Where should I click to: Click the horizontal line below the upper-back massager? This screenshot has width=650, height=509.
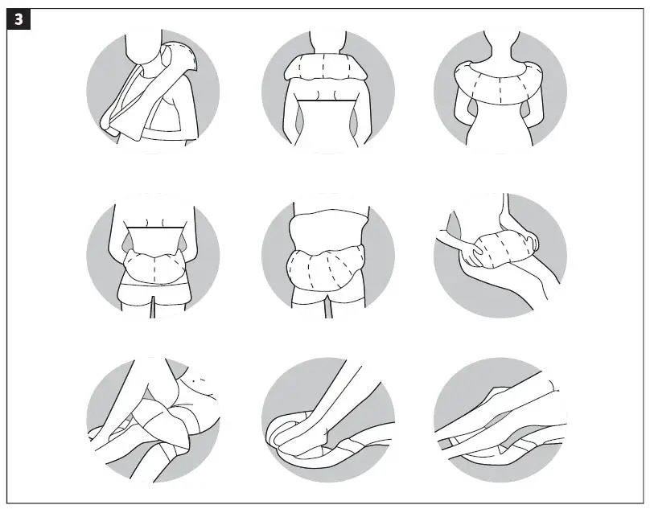click(x=327, y=101)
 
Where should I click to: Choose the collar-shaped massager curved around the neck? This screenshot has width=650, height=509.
click(x=499, y=80)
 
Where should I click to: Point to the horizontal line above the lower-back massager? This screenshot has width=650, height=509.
click(x=153, y=229)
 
